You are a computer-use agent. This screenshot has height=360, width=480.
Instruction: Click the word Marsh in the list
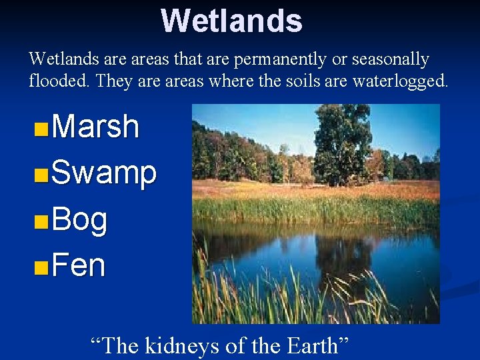(95, 127)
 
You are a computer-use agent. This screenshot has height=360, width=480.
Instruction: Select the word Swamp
(104, 173)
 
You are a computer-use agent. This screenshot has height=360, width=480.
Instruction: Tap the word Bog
(79, 219)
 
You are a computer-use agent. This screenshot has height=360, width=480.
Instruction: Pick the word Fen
(78, 265)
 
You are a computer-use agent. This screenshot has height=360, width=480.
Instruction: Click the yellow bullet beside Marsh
(41, 128)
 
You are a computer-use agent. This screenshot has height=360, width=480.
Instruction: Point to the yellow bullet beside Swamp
(41, 175)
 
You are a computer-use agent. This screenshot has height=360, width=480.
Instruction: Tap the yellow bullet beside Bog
(41, 221)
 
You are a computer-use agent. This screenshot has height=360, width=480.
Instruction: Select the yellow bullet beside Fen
(41, 267)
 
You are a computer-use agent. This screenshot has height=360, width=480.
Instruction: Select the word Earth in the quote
(312, 346)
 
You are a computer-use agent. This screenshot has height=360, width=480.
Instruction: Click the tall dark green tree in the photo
(341, 140)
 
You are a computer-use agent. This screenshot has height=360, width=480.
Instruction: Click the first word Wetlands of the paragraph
(63, 60)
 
